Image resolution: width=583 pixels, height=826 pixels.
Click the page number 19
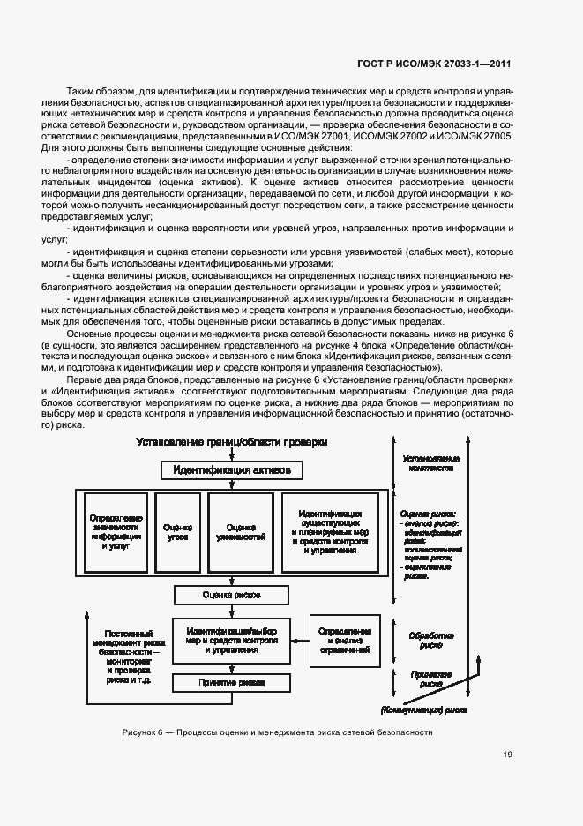click(507, 755)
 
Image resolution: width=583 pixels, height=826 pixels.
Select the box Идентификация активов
click(231, 470)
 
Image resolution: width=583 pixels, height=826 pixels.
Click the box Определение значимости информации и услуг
click(116, 531)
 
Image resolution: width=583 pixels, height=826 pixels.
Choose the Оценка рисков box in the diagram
click(231, 595)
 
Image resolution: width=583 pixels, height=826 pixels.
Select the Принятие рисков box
click(231, 681)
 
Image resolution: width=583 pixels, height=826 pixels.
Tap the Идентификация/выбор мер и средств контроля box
click(231, 640)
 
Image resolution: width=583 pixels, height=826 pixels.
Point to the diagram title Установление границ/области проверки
click(231, 441)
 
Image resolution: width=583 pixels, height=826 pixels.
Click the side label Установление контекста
click(430, 464)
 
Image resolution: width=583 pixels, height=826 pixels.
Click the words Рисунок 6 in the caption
click(140, 732)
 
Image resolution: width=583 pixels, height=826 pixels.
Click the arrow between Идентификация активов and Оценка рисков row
click(231, 484)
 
